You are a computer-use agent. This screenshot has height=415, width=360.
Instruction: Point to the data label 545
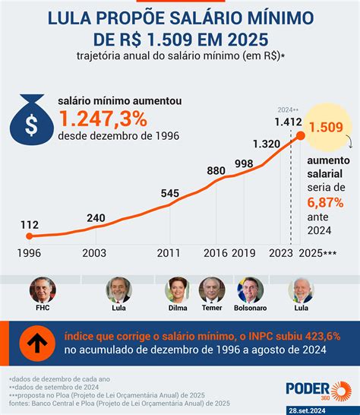click(x=170, y=193)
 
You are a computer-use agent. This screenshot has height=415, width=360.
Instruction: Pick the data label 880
click(x=216, y=171)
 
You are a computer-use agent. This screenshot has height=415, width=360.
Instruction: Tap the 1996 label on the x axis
click(x=29, y=253)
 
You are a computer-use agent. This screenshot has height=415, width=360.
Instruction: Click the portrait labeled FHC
click(x=42, y=290)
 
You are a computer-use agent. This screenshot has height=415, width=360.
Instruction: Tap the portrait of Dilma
click(x=177, y=290)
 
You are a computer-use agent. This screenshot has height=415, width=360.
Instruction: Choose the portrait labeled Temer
click(x=211, y=290)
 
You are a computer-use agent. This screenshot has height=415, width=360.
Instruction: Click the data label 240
click(x=95, y=218)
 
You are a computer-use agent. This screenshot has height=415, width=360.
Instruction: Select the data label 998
click(x=244, y=163)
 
